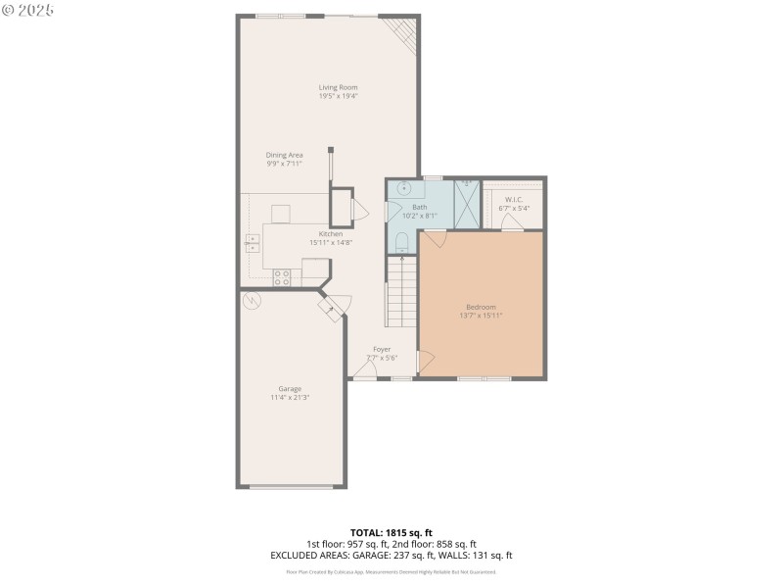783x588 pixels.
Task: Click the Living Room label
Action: (x=338, y=87)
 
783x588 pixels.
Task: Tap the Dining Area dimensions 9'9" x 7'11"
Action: (x=285, y=164)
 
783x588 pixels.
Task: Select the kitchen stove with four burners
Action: (x=282, y=277)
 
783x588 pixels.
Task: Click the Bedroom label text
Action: (x=481, y=307)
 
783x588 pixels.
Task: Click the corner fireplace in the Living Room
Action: (x=402, y=35)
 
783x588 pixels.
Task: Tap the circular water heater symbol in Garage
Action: (x=252, y=301)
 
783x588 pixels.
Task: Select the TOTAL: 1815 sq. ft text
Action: (x=391, y=532)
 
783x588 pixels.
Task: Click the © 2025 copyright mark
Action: (x=28, y=10)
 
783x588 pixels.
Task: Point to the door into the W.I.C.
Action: (x=511, y=223)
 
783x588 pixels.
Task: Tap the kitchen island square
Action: (x=281, y=214)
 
